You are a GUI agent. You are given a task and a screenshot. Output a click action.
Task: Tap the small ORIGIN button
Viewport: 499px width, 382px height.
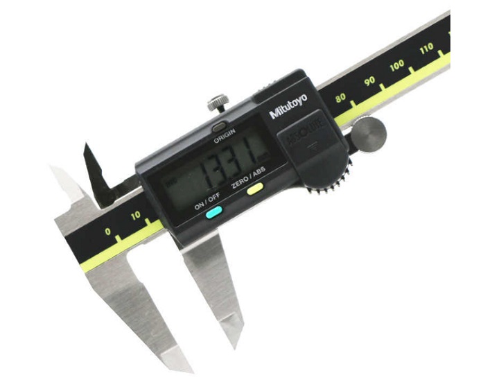(218, 127)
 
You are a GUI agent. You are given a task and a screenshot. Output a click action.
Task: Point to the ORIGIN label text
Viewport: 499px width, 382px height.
(224, 137)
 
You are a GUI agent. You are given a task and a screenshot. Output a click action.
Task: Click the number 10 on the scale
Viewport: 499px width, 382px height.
(136, 216)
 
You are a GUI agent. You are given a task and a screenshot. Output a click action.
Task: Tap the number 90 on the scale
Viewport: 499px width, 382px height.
(369, 81)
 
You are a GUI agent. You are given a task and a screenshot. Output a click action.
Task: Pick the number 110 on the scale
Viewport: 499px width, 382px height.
(426, 49)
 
